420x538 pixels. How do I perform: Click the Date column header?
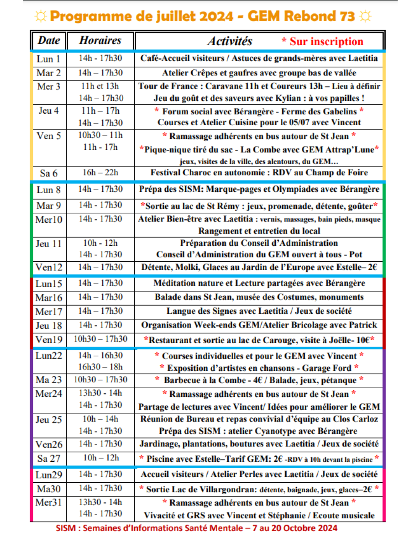tap(49, 40)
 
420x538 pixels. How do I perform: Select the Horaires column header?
tap(100, 40)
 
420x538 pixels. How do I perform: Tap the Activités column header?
tap(230, 41)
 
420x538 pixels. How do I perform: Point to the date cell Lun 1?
tap(48, 59)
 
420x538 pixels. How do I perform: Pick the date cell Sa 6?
tap(48, 173)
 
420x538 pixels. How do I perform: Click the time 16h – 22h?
tap(100, 173)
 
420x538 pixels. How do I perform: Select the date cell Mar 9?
tap(48, 206)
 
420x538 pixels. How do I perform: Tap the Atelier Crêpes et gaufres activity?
tap(259, 73)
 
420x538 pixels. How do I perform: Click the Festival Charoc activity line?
tap(259, 173)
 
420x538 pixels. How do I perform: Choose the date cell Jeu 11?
tap(48, 243)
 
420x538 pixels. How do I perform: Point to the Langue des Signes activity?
tap(259, 311)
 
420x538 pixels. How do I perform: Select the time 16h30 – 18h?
tap(100, 367)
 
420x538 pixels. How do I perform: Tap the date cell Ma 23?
tap(48, 380)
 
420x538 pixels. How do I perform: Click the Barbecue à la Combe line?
tap(259, 380)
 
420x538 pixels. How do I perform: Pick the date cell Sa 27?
tap(48, 459)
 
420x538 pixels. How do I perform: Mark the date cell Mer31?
tap(48, 503)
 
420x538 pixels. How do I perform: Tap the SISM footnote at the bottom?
tap(196, 528)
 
